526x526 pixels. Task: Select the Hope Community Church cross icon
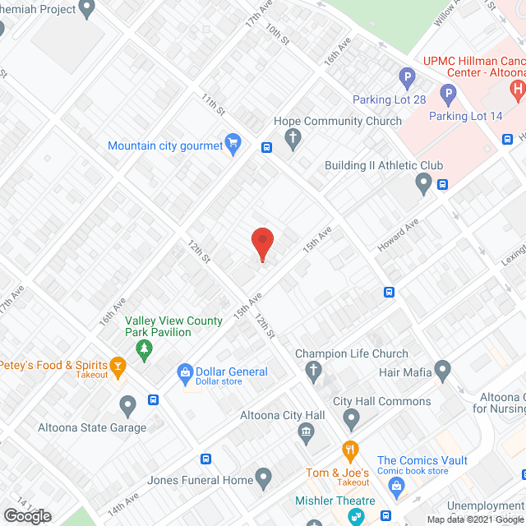pos(293,140)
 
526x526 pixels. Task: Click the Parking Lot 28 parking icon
pos(407,80)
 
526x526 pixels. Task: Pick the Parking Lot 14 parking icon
pos(448,95)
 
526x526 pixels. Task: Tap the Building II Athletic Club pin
pos(424,184)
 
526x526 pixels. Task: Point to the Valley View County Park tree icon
pos(145,351)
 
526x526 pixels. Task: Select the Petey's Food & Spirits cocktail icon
pos(118,366)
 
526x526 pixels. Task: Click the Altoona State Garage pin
pos(127,405)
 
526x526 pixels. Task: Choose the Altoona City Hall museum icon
pos(306,431)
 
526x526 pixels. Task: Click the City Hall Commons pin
pos(353,421)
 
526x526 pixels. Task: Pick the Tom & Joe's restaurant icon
pos(350,451)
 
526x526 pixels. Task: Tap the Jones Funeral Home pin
pos(264,476)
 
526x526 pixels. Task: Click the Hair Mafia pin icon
pos(444,372)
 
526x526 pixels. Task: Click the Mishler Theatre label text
pos(335,501)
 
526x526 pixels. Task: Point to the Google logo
pos(26,516)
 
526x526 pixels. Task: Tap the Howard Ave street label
pos(399,234)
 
